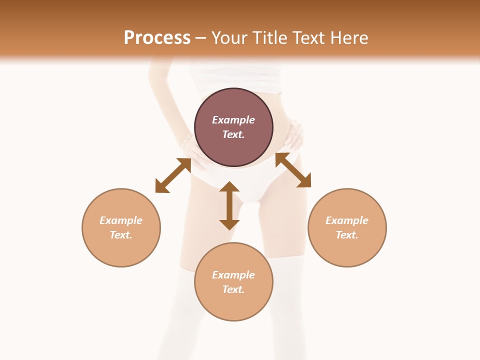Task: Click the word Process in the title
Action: [157, 38]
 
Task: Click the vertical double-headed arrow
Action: [229, 205]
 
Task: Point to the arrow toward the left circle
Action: [173, 175]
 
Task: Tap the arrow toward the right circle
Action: [293, 170]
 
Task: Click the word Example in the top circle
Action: [233, 120]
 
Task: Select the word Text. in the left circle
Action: [121, 235]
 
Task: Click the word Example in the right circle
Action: [347, 220]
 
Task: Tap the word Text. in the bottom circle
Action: [233, 289]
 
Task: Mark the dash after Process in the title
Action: [201, 38]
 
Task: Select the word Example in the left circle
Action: [121, 220]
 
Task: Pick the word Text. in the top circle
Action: [233, 134]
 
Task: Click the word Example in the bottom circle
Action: [233, 275]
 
